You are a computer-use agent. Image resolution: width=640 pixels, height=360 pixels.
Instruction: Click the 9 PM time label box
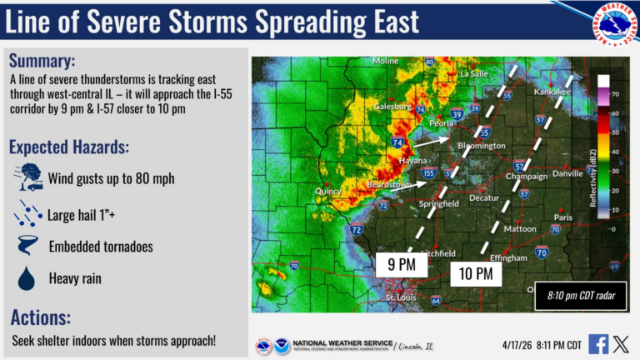[402, 264]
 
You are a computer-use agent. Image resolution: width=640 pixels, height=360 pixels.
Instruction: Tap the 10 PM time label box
[476, 272]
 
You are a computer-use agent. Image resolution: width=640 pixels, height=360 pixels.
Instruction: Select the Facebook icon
[598, 343]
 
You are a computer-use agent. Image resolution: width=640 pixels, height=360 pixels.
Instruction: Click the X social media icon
[621, 343]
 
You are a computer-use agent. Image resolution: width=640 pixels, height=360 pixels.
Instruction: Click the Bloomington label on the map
[482, 147]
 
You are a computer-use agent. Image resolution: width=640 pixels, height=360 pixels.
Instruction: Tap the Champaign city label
[527, 177]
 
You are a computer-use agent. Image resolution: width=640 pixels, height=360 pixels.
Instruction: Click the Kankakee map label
[553, 91]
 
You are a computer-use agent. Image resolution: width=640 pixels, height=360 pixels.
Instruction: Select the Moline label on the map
[386, 61]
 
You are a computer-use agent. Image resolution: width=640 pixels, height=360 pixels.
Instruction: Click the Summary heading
[42, 61]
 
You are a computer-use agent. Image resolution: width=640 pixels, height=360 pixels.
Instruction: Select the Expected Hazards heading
[69, 147]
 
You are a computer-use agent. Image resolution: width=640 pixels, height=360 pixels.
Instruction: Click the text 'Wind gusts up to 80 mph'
[112, 178]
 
